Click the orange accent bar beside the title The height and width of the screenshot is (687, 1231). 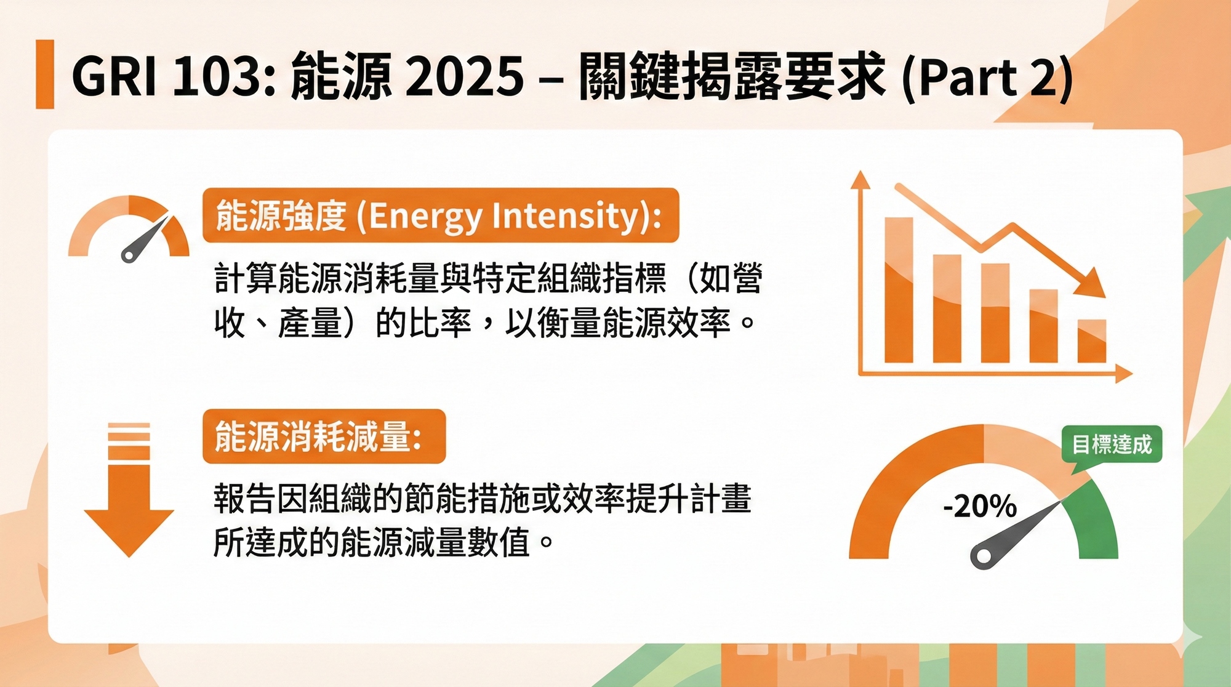coord(45,74)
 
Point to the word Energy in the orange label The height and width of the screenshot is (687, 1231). coord(425,217)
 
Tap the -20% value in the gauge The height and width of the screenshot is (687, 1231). coord(980,506)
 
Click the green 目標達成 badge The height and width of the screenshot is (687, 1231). coord(1112,444)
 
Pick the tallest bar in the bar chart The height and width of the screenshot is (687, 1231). coord(899,290)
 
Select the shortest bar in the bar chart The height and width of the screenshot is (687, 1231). coord(1092,341)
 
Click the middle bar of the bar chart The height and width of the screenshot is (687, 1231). coord(995,313)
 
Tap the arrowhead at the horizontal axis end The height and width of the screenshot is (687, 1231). coord(1124,373)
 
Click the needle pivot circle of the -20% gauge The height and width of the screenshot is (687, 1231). coord(984,556)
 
